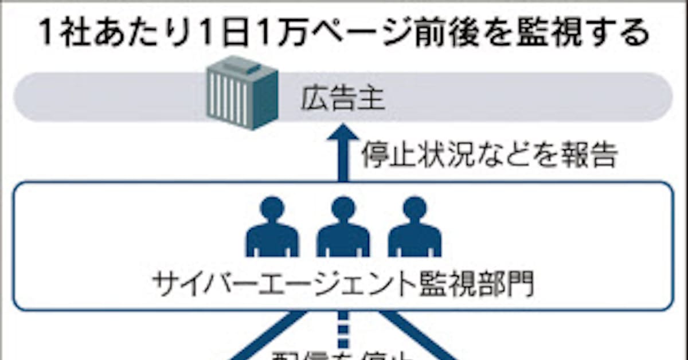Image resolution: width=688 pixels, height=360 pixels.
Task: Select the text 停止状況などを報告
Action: pos(488,155)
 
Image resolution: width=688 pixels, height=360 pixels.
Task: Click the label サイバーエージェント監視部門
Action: pos(343,283)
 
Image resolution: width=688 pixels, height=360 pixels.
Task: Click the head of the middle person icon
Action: pos(343,209)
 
